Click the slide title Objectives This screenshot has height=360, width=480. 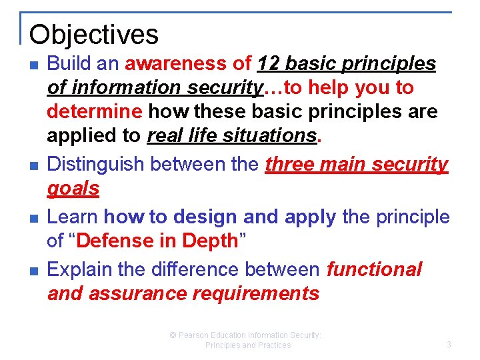94,34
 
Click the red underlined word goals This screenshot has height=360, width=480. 73,189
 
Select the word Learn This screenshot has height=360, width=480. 73,217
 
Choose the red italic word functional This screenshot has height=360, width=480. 374,269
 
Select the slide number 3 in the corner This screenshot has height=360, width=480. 448,345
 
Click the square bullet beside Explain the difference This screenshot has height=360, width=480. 33,271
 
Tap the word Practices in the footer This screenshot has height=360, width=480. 274,345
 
